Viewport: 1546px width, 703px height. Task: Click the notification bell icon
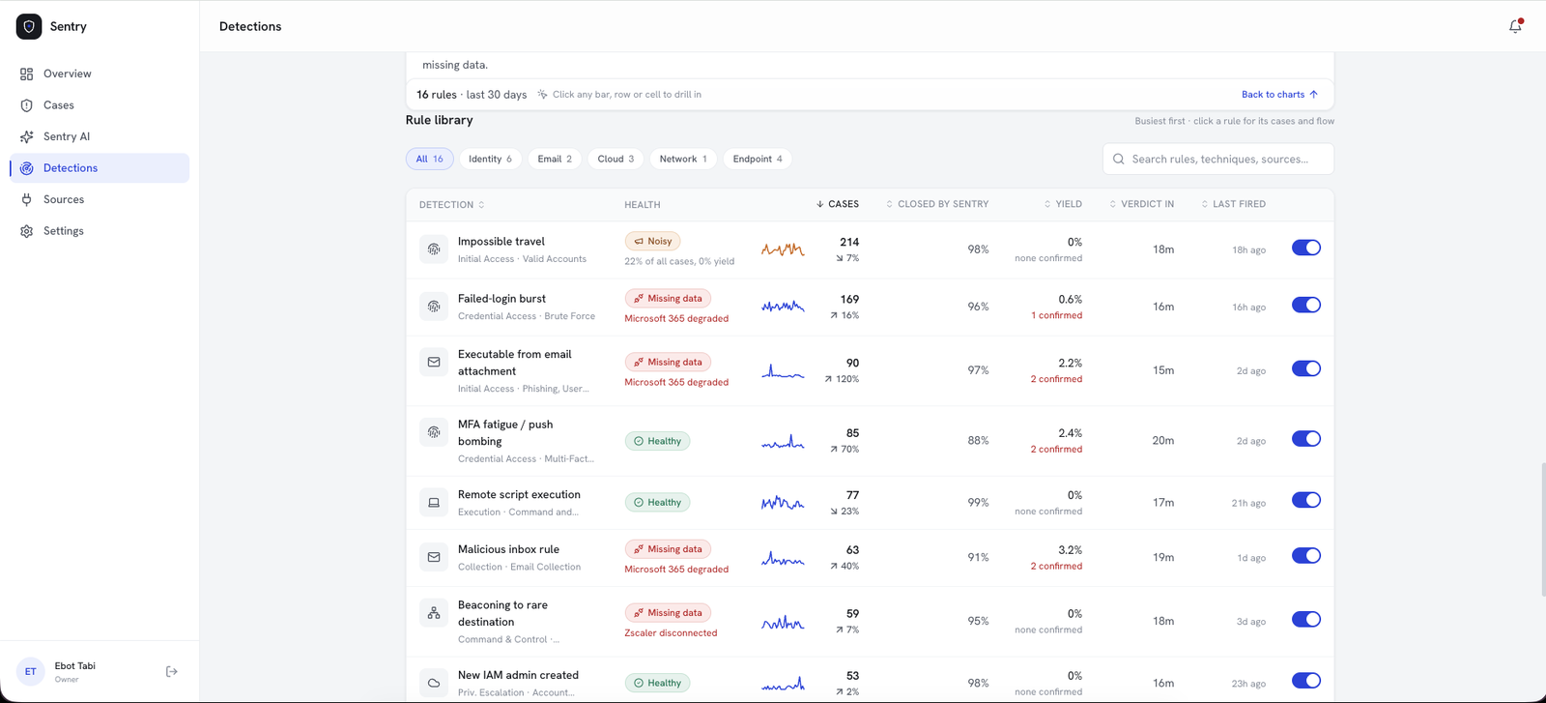[1515, 26]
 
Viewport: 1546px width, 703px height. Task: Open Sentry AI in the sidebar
[67, 136]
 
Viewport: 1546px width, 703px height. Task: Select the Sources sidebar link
[64, 199]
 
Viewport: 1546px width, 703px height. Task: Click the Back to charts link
[1279, 94]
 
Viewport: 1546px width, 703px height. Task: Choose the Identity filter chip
[490, 159]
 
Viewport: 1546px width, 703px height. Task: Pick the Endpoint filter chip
[758, 159]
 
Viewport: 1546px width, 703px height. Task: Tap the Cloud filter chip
[616, 159]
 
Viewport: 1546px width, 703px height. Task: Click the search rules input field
[1218, 159]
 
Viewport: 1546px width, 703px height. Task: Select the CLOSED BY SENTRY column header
[937, 204]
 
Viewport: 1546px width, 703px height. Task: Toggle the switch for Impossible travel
[1305, 248]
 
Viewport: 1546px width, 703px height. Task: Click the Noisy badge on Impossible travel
[653, 241]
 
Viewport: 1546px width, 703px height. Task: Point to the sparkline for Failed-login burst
[783, 306]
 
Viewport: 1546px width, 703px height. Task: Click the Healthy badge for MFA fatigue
[657, 441]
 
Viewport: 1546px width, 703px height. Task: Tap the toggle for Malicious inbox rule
[1305, 556]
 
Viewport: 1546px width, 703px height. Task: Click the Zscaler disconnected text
[671, 632]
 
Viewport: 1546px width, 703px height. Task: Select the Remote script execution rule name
[519, 494]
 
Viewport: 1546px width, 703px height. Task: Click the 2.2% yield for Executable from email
[1070, 363]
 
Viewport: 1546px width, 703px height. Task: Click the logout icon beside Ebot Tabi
[172, 671]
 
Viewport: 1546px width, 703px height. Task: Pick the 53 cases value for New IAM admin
[852, 675]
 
